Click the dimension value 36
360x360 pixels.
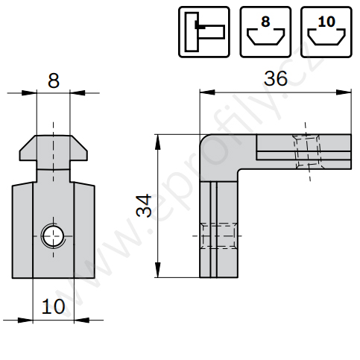276,78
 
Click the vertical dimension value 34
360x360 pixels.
144,206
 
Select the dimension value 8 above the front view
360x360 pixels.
54,80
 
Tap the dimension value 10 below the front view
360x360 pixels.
54,306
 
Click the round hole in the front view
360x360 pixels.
53,236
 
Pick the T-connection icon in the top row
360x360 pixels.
204,32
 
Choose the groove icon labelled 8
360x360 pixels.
265,32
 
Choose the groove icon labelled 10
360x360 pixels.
326,32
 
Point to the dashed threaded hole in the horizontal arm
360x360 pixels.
307,151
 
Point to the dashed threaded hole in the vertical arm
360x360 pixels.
218,236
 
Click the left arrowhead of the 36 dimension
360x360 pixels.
207,92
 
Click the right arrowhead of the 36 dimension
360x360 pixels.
344,92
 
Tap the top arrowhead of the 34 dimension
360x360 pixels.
158,142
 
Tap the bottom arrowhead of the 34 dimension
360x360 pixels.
158,270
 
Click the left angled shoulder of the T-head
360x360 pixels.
28,144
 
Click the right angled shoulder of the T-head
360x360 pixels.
79,144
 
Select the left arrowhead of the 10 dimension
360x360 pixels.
25,320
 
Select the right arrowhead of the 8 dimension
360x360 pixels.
78,93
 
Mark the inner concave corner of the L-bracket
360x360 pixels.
239,171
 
